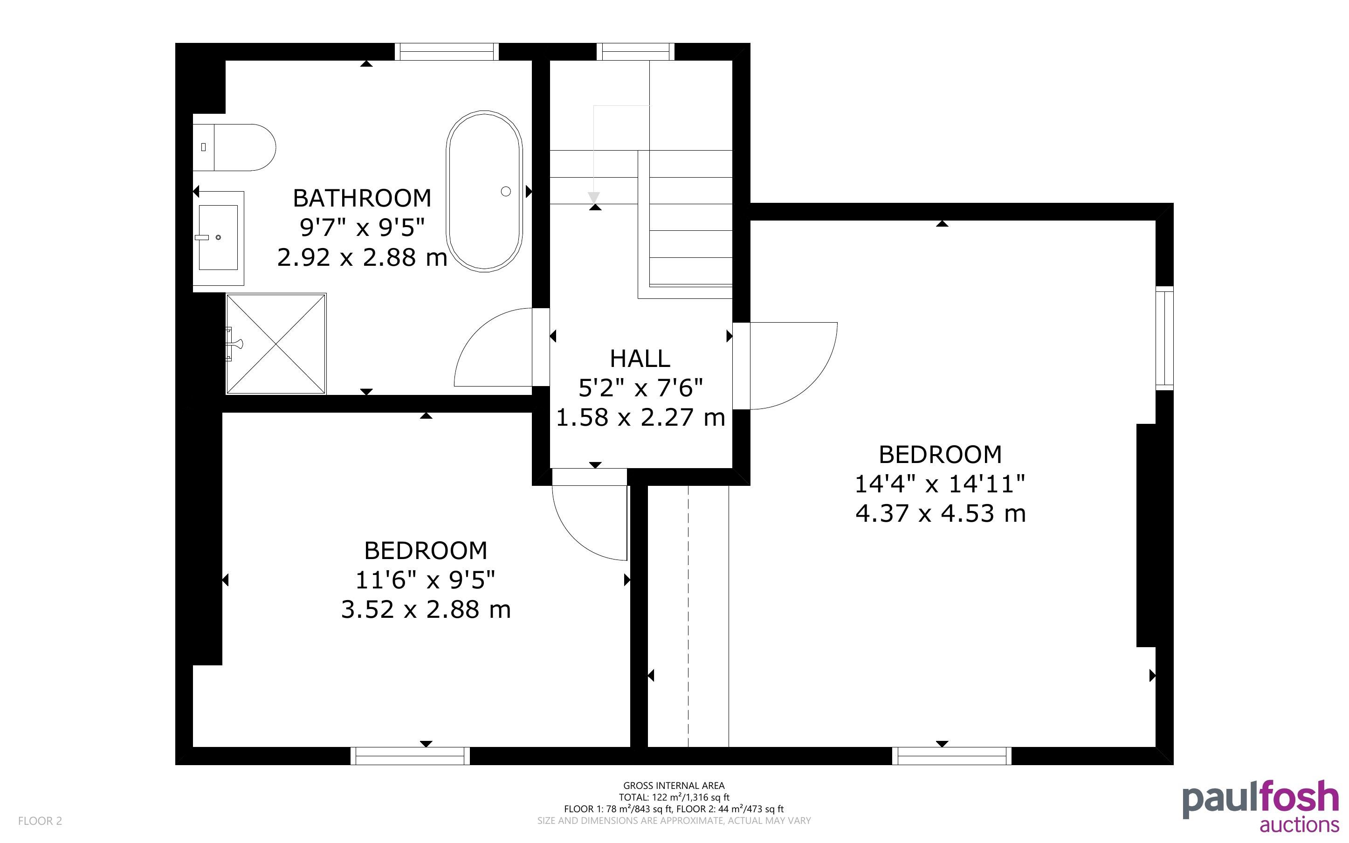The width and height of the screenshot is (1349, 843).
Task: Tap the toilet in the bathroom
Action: coord(234,147)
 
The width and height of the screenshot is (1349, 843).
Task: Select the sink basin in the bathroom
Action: coord(219,237)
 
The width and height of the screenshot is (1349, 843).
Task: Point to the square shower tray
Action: coord(276,344)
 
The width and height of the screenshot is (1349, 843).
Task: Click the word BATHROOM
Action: coord(362,198)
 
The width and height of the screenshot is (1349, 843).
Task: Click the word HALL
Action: coord(640,359)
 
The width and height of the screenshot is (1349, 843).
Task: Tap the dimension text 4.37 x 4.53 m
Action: coord(941,513)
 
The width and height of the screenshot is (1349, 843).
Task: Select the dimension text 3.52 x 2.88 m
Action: coord(426,609)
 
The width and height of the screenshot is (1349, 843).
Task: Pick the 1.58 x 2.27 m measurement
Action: coord(640,417)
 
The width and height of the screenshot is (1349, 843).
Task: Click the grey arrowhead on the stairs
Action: coord(594,198)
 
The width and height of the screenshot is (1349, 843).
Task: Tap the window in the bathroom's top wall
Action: coord(447,52)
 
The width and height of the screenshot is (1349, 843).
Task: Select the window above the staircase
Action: coord(635,52)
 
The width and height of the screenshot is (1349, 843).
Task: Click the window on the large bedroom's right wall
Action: coord(1164,338)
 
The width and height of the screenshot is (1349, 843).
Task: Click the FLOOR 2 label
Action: coord(40,821)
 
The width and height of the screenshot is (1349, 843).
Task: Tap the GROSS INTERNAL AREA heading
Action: coord(674,786)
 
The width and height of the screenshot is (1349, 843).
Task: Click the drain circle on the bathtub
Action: coord(506,191)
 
